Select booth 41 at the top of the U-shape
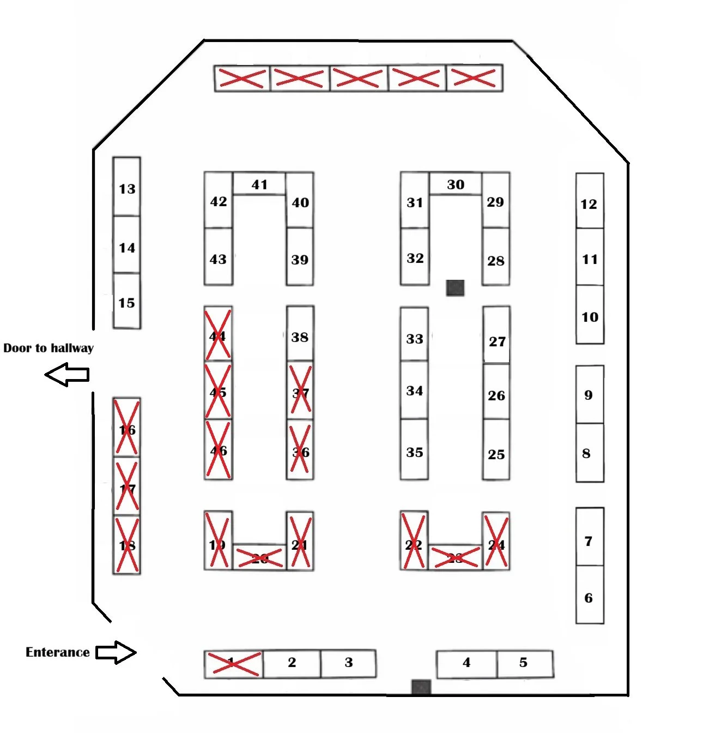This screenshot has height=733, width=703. [x=259, y=184]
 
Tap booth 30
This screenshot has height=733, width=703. [x=456, y=184]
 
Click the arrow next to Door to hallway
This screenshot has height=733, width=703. [x=67, y=375]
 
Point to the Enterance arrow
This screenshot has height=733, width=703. [x=116, y=652]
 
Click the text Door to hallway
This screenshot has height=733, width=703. [x=49, y=348]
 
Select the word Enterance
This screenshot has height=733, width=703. [x=57, y=652]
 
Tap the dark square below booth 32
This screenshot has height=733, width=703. [x=455, y=287]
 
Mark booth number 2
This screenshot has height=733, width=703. [x=292, y=663]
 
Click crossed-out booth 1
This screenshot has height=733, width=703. [x=233, y=664]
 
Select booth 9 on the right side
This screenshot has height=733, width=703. [x=590, y=394]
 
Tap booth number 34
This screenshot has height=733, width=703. [x=414, y=390]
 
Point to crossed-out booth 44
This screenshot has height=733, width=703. [x=218, y=334]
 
